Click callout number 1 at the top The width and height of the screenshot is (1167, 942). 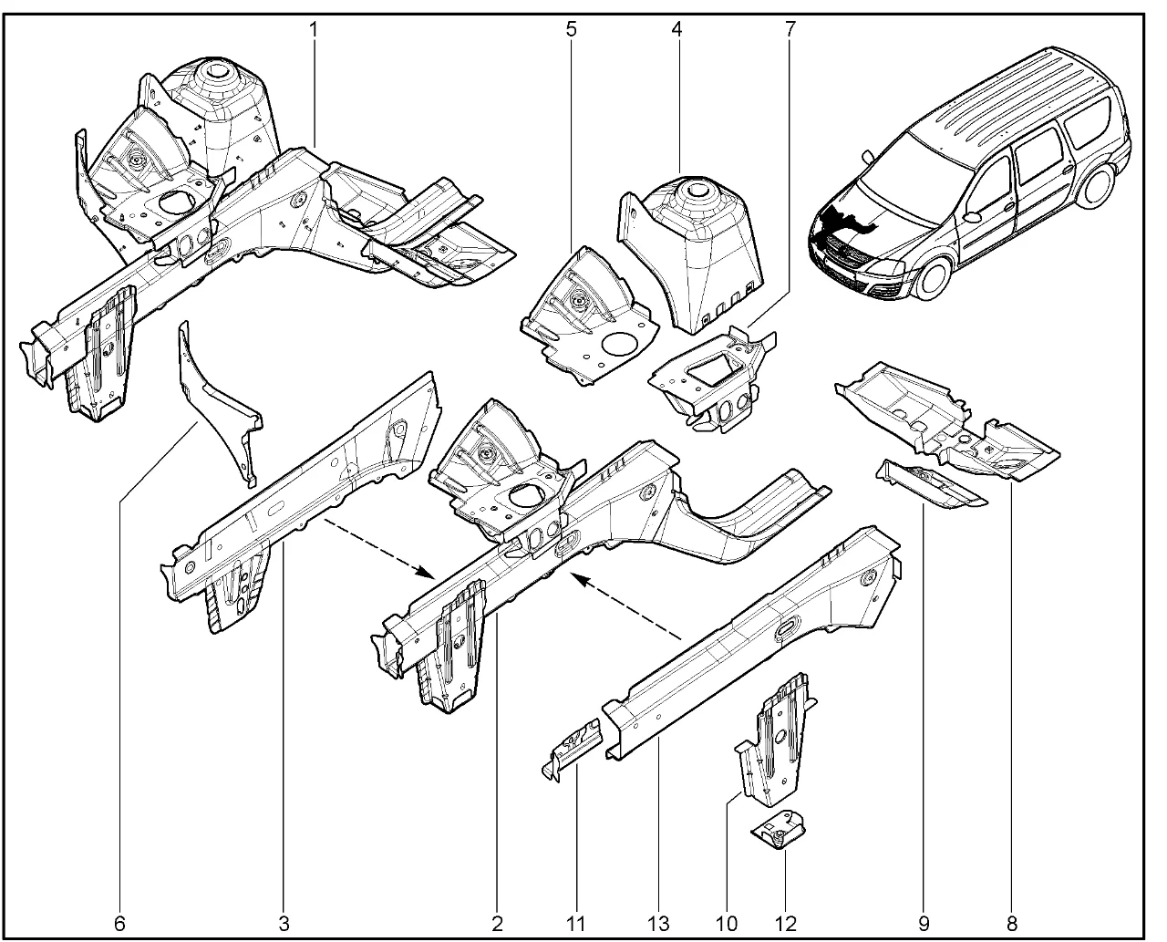coord(314,29)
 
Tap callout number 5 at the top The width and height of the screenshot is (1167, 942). coord(572,29)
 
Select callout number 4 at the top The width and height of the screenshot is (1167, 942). coord(677,29)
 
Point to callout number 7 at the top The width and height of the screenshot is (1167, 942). coord(790,29)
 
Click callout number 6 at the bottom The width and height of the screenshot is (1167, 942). coord(119,924)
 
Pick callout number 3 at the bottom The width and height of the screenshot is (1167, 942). coord(284,924)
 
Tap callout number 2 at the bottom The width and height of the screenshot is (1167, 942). coord(497,924)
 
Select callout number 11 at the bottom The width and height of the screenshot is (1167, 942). coord(575,924)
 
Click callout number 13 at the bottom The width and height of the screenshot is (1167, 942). coord(658,924)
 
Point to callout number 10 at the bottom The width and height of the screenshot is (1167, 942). coord(727,924)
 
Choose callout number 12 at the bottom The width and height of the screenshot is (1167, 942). coord(786,924)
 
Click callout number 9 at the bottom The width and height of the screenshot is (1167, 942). coord(924,924)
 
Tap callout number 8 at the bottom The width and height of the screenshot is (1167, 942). coord(1011,924)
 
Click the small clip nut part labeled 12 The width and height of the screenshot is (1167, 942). coord(778,833)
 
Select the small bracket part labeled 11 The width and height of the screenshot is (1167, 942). coord(573,749)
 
